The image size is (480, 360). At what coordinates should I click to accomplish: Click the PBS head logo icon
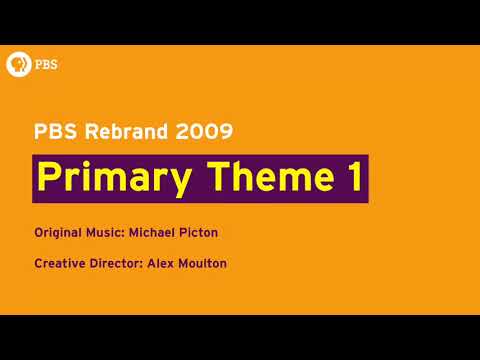tap(17, 64)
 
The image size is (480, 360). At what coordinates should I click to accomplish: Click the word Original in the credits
tap(58, 233)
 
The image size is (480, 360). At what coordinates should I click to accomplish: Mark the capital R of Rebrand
tap(87, 130)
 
